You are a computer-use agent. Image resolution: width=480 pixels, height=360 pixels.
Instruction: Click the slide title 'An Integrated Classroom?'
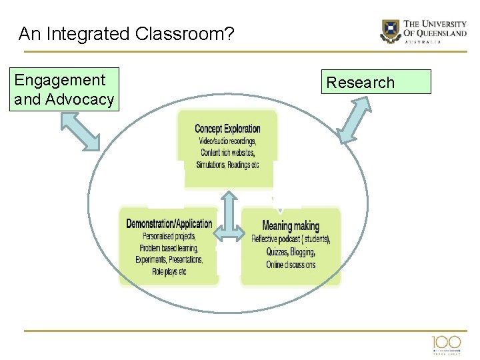click(126, 33)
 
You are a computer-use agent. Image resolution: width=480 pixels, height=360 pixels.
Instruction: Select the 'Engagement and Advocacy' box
click(64, 89)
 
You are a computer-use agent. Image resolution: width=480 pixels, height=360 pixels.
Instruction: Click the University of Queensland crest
click(390, 30)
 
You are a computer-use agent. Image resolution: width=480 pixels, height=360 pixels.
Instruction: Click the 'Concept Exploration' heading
click(227, 128)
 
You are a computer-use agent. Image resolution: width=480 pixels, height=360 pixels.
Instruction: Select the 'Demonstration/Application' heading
click(169, 223)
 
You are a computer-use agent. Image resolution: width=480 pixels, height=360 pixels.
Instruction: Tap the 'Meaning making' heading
click(291, 225)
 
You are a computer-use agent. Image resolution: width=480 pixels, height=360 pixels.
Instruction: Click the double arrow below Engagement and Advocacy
click(80, 131)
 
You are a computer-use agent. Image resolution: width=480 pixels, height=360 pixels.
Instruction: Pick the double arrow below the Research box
click(354, 121)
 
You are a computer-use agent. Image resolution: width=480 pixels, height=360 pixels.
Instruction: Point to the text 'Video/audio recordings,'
click(227, 141)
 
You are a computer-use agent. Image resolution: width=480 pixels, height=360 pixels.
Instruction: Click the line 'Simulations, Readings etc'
click(227, 165)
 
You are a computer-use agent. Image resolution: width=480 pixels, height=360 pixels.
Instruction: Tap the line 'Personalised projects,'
click(169, 236)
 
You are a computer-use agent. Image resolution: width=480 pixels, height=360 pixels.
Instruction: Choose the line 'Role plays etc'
click(169, 271)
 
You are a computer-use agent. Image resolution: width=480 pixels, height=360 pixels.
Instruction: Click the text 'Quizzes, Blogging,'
click(291, 252)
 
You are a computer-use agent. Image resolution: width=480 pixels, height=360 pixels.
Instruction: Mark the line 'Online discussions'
click(291, 265)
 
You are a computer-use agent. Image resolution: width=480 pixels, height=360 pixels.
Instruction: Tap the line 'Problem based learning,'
click(169, 248)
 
